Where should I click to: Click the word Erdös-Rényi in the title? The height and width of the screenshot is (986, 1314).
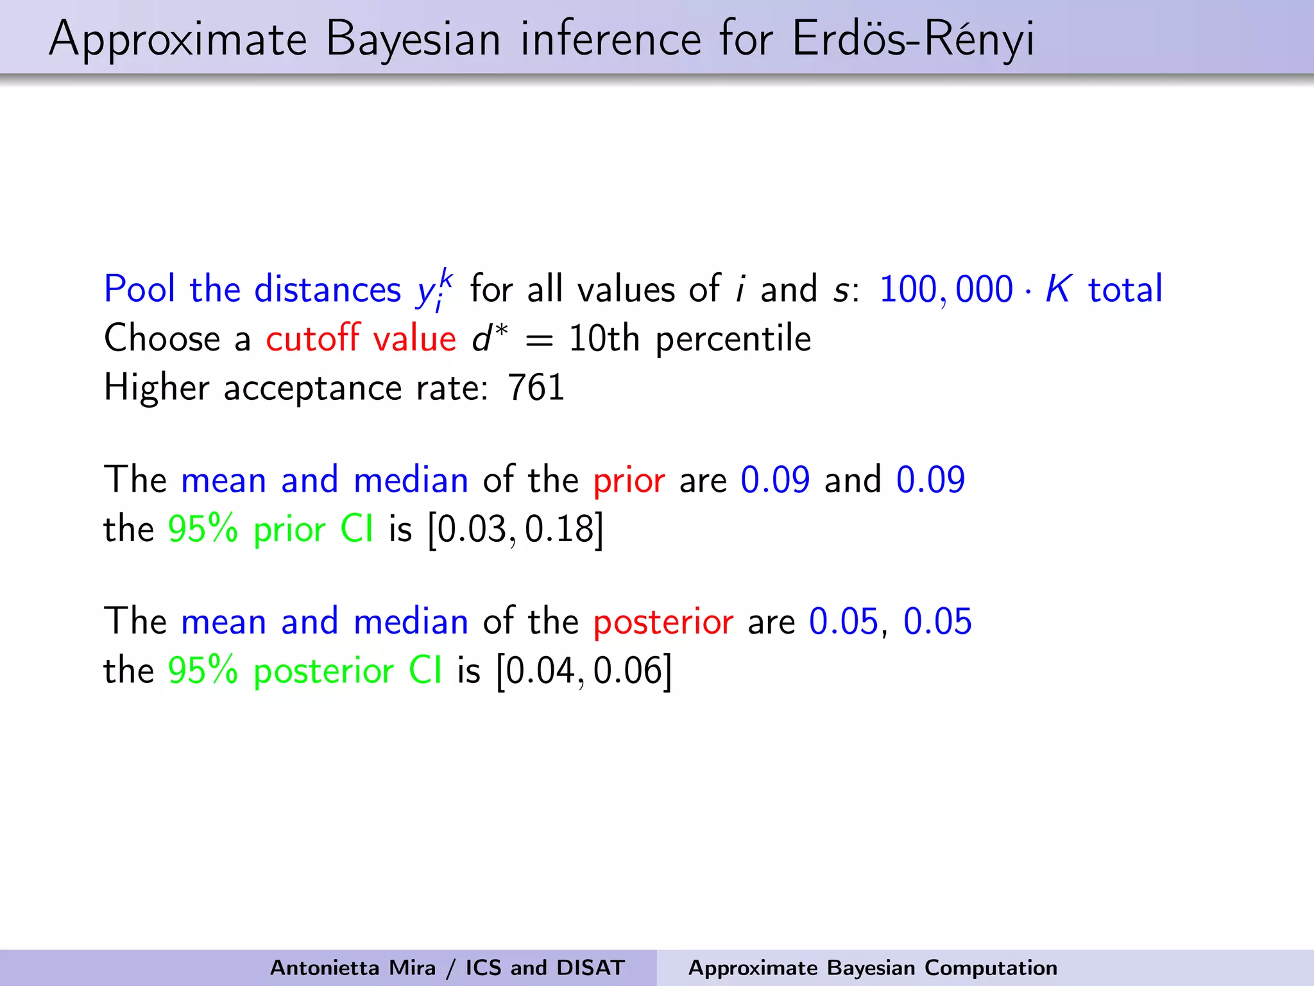coord(912,40)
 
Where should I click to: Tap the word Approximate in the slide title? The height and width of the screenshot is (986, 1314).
coord(178,40)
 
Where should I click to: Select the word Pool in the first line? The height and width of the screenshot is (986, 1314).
coord(139,289)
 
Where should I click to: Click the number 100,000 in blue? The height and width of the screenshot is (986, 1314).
coord(945,289)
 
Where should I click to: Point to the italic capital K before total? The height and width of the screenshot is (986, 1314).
coord(1057,289)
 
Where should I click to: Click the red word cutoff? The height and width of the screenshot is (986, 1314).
coord(312,338)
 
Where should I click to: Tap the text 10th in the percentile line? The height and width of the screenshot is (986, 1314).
coord(604,338)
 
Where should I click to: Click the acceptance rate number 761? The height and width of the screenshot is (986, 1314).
coord(536,388)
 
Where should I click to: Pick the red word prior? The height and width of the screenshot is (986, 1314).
coord(629,480)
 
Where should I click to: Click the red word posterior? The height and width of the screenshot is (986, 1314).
coord(663,622)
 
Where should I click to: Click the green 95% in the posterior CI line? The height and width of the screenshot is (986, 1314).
coord(203,671)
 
